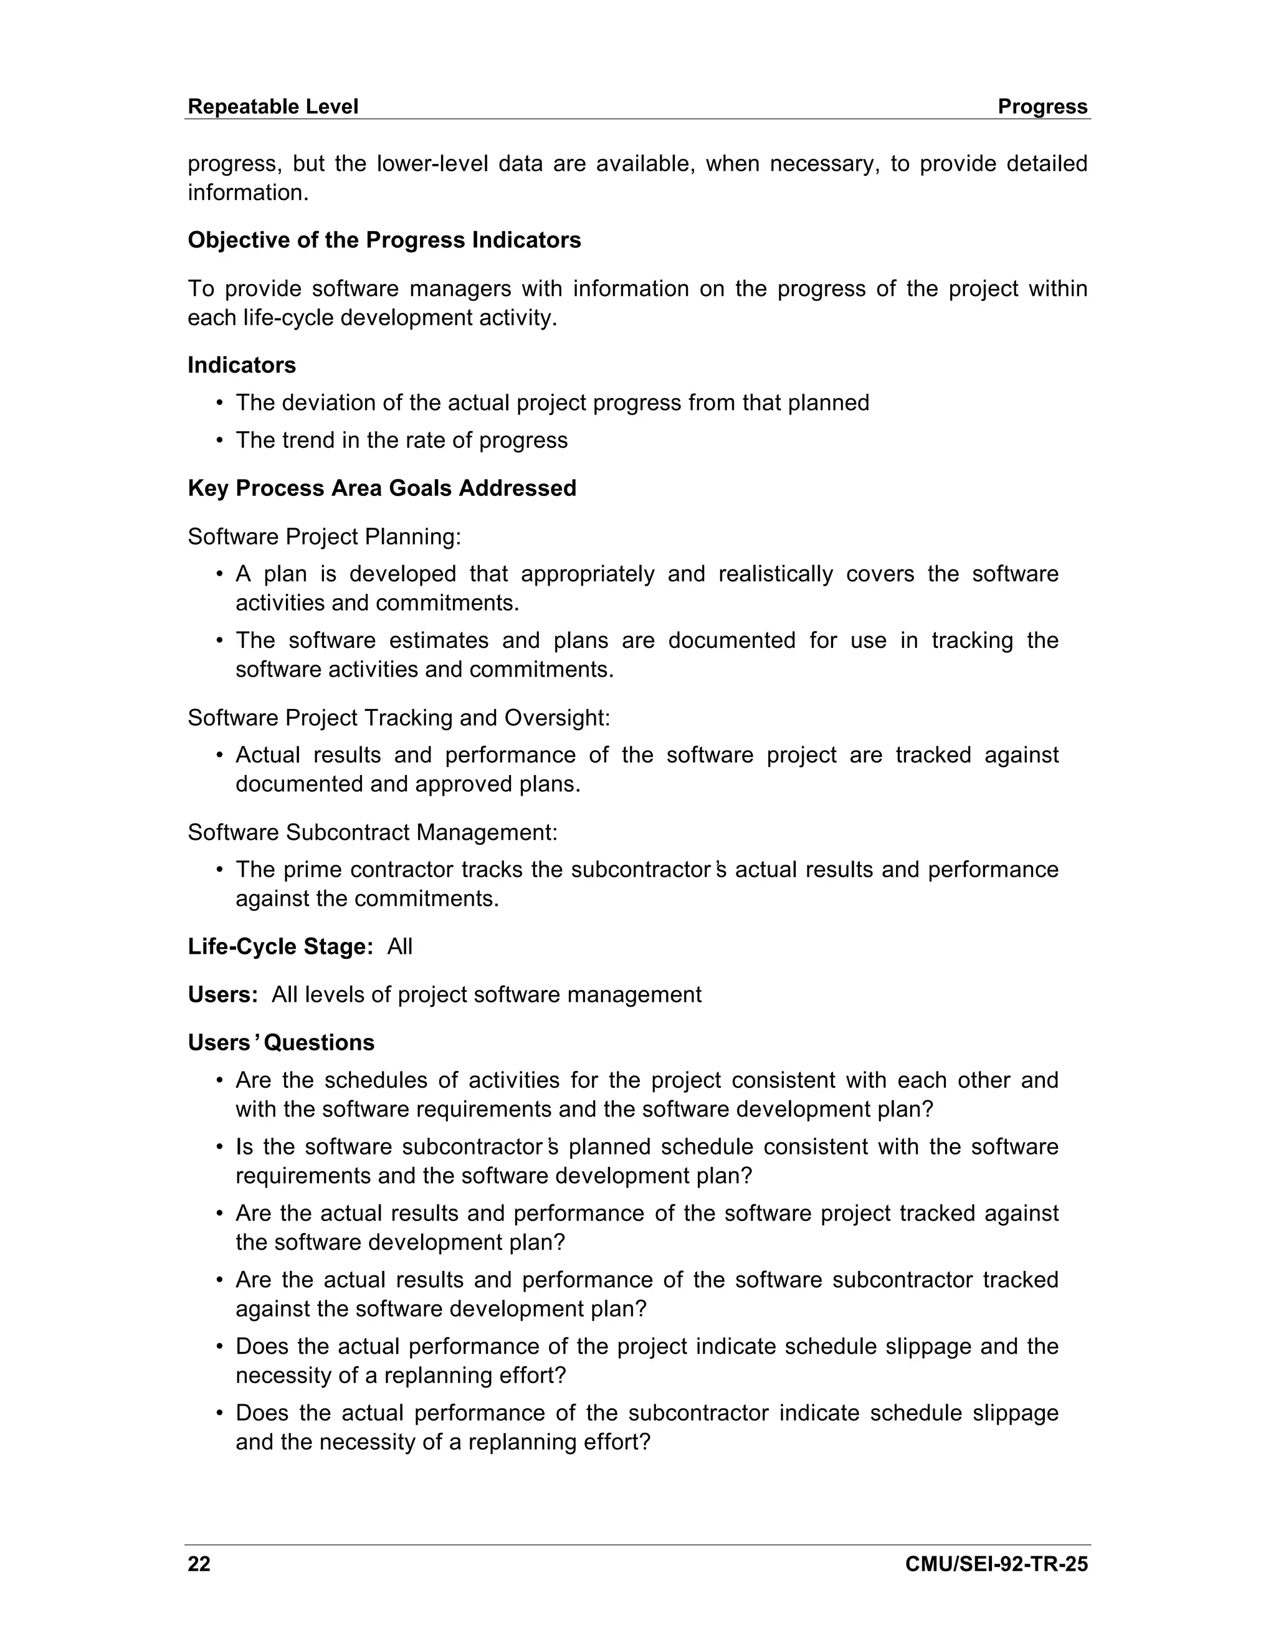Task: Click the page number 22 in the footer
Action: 199,1563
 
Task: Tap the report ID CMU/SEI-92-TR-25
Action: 996,1563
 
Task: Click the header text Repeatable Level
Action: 272,107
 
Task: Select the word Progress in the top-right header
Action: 1042,107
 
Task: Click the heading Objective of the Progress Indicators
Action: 384,240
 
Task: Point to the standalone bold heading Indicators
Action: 241,365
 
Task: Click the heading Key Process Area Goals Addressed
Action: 382,488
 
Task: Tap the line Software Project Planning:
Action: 323,536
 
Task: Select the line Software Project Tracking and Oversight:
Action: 398,717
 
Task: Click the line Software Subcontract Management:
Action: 372,832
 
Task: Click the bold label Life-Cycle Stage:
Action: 280,946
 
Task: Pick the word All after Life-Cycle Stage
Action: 399,946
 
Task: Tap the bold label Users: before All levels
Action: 223,994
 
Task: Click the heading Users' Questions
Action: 280,1042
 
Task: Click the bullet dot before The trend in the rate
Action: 219,440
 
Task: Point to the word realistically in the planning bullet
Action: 775,574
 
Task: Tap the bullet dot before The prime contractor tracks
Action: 219,870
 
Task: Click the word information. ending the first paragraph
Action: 248,192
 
